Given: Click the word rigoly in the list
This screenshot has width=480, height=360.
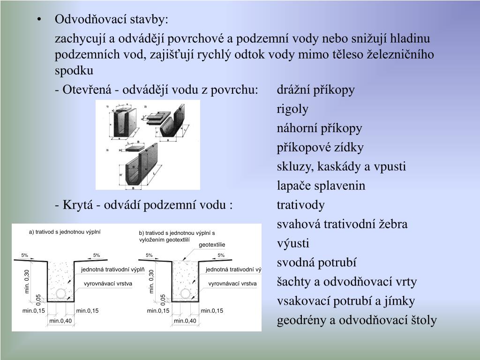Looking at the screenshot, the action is [292, 109].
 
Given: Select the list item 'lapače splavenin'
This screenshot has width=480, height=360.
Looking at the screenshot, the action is [321, 186].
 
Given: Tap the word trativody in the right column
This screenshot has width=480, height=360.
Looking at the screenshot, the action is [300, 205].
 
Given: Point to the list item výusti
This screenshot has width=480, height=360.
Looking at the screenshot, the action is [293, 244].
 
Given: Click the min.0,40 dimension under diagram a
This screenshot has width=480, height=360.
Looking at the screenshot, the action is [60, 321].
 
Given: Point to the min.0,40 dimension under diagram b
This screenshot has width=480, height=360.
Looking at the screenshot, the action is [185, 321].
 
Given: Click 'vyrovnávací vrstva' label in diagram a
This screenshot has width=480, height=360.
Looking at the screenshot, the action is [108, 284].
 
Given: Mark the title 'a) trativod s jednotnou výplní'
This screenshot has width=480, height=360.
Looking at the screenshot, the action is [65, 232].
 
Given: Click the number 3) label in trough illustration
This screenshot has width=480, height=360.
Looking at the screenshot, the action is [108, 150].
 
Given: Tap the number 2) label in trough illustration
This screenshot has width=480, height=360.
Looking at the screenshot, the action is [145, 107].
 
